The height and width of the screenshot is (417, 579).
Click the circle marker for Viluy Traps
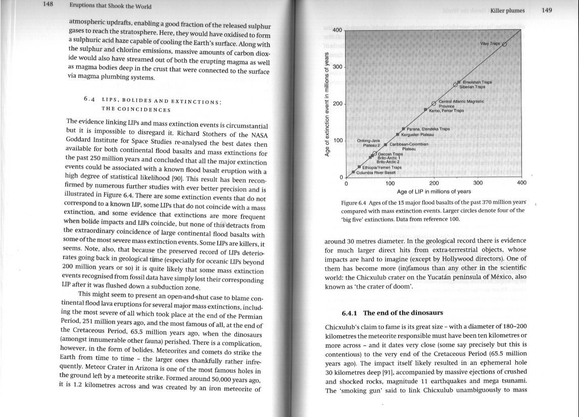click(504, 44)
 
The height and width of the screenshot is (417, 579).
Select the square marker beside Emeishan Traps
click(458, 82)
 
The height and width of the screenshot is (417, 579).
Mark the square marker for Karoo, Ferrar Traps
click(425, 110)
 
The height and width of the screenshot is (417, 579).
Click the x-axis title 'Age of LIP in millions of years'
click(434, 191)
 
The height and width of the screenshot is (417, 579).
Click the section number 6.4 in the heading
click(90, 100)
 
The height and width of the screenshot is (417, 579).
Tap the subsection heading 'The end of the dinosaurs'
click(397, 312)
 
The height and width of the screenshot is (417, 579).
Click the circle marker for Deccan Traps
click(375, 153)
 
